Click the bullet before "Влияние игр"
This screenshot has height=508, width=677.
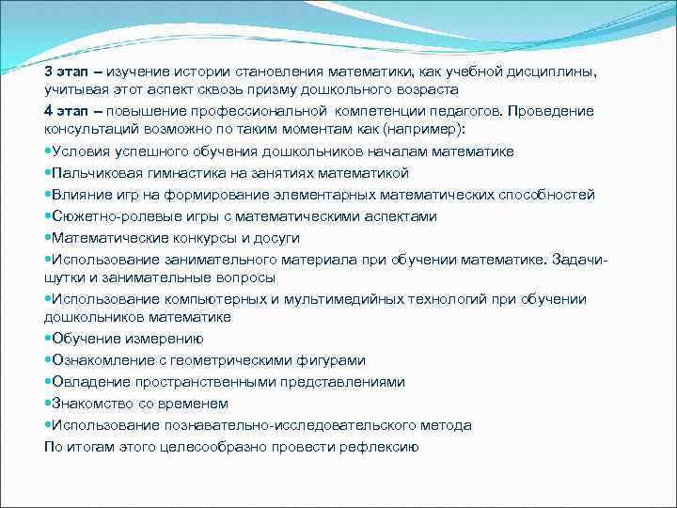click(x=48, y=195)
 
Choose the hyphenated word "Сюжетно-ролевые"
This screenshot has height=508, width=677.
click(x=109, y=216)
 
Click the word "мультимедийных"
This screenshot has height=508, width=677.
click(x=332, y=299)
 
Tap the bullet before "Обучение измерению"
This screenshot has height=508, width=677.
click(x=48, y=339)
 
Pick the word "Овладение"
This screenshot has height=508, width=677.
click(x=88, y=382)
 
